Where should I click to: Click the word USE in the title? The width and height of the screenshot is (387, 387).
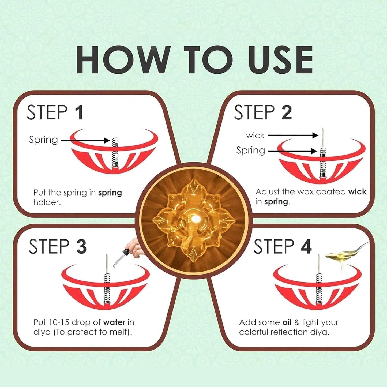[x=280, y=60]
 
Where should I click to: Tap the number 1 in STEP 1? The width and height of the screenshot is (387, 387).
[x=79, y=112]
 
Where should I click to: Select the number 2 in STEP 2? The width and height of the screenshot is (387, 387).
[x=287, y=112]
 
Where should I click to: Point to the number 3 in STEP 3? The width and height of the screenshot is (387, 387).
[x=81, y=247]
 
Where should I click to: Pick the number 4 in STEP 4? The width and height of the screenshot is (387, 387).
[x=306, y=247]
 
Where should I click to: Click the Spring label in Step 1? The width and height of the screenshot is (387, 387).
[x=43, y=140]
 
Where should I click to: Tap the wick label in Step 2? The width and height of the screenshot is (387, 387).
[x=255, y=136]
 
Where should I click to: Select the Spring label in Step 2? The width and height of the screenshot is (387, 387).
[x=250, y=151]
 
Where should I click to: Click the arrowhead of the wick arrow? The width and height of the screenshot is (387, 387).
[x=315, y=136]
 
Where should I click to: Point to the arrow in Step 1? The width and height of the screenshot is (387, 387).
[x=86, y=140]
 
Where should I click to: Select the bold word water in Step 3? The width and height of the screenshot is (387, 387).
[x=114, y=322]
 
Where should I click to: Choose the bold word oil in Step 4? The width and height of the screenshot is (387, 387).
[x=287, y=322]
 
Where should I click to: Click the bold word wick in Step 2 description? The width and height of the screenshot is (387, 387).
[x=357, y=192]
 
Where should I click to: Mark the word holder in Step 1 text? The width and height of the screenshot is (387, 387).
[x=47, y=202]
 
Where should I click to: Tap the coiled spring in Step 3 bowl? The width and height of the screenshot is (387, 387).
[x=107, y=288]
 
